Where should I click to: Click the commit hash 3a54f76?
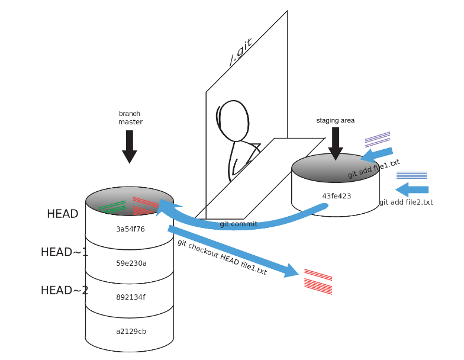pos(130,228)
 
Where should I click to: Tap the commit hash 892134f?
pos(130,297)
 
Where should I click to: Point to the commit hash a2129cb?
pos(130,331)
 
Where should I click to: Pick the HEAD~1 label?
pos(64,252)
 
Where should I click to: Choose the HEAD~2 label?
pos(64,290)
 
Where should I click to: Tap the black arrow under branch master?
pos(130,146)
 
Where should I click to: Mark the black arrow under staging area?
pos(336,143)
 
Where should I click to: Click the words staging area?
pos(336,121)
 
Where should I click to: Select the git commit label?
pos(238,224)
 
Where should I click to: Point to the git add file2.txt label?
pos(406,202)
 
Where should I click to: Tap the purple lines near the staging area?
pos(378,139)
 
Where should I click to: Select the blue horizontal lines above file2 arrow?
pos(411,175)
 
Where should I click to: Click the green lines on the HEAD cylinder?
pos(113,207)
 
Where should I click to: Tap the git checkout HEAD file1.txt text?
pos(221,257)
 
